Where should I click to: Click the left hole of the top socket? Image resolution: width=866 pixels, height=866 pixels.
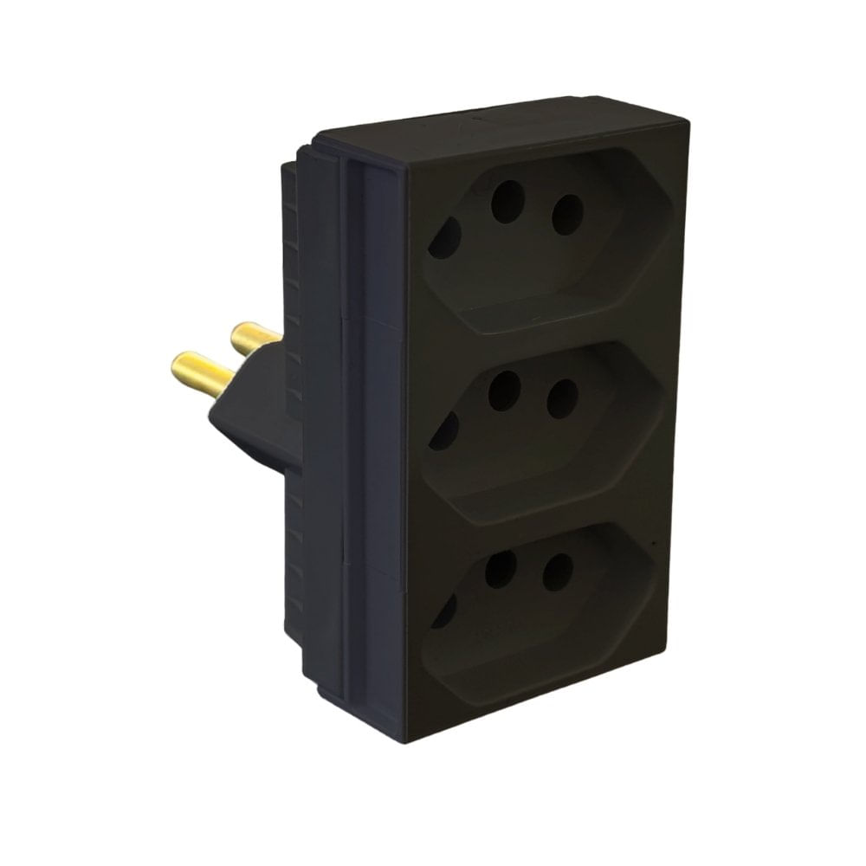444,238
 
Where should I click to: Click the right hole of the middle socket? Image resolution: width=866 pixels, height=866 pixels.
563,398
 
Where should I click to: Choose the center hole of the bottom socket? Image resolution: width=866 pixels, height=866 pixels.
500,569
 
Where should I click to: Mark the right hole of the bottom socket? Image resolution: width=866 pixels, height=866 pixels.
558,572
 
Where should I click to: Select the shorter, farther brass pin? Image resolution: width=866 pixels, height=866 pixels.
255,337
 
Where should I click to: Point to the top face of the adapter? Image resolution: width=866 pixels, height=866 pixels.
502,121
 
